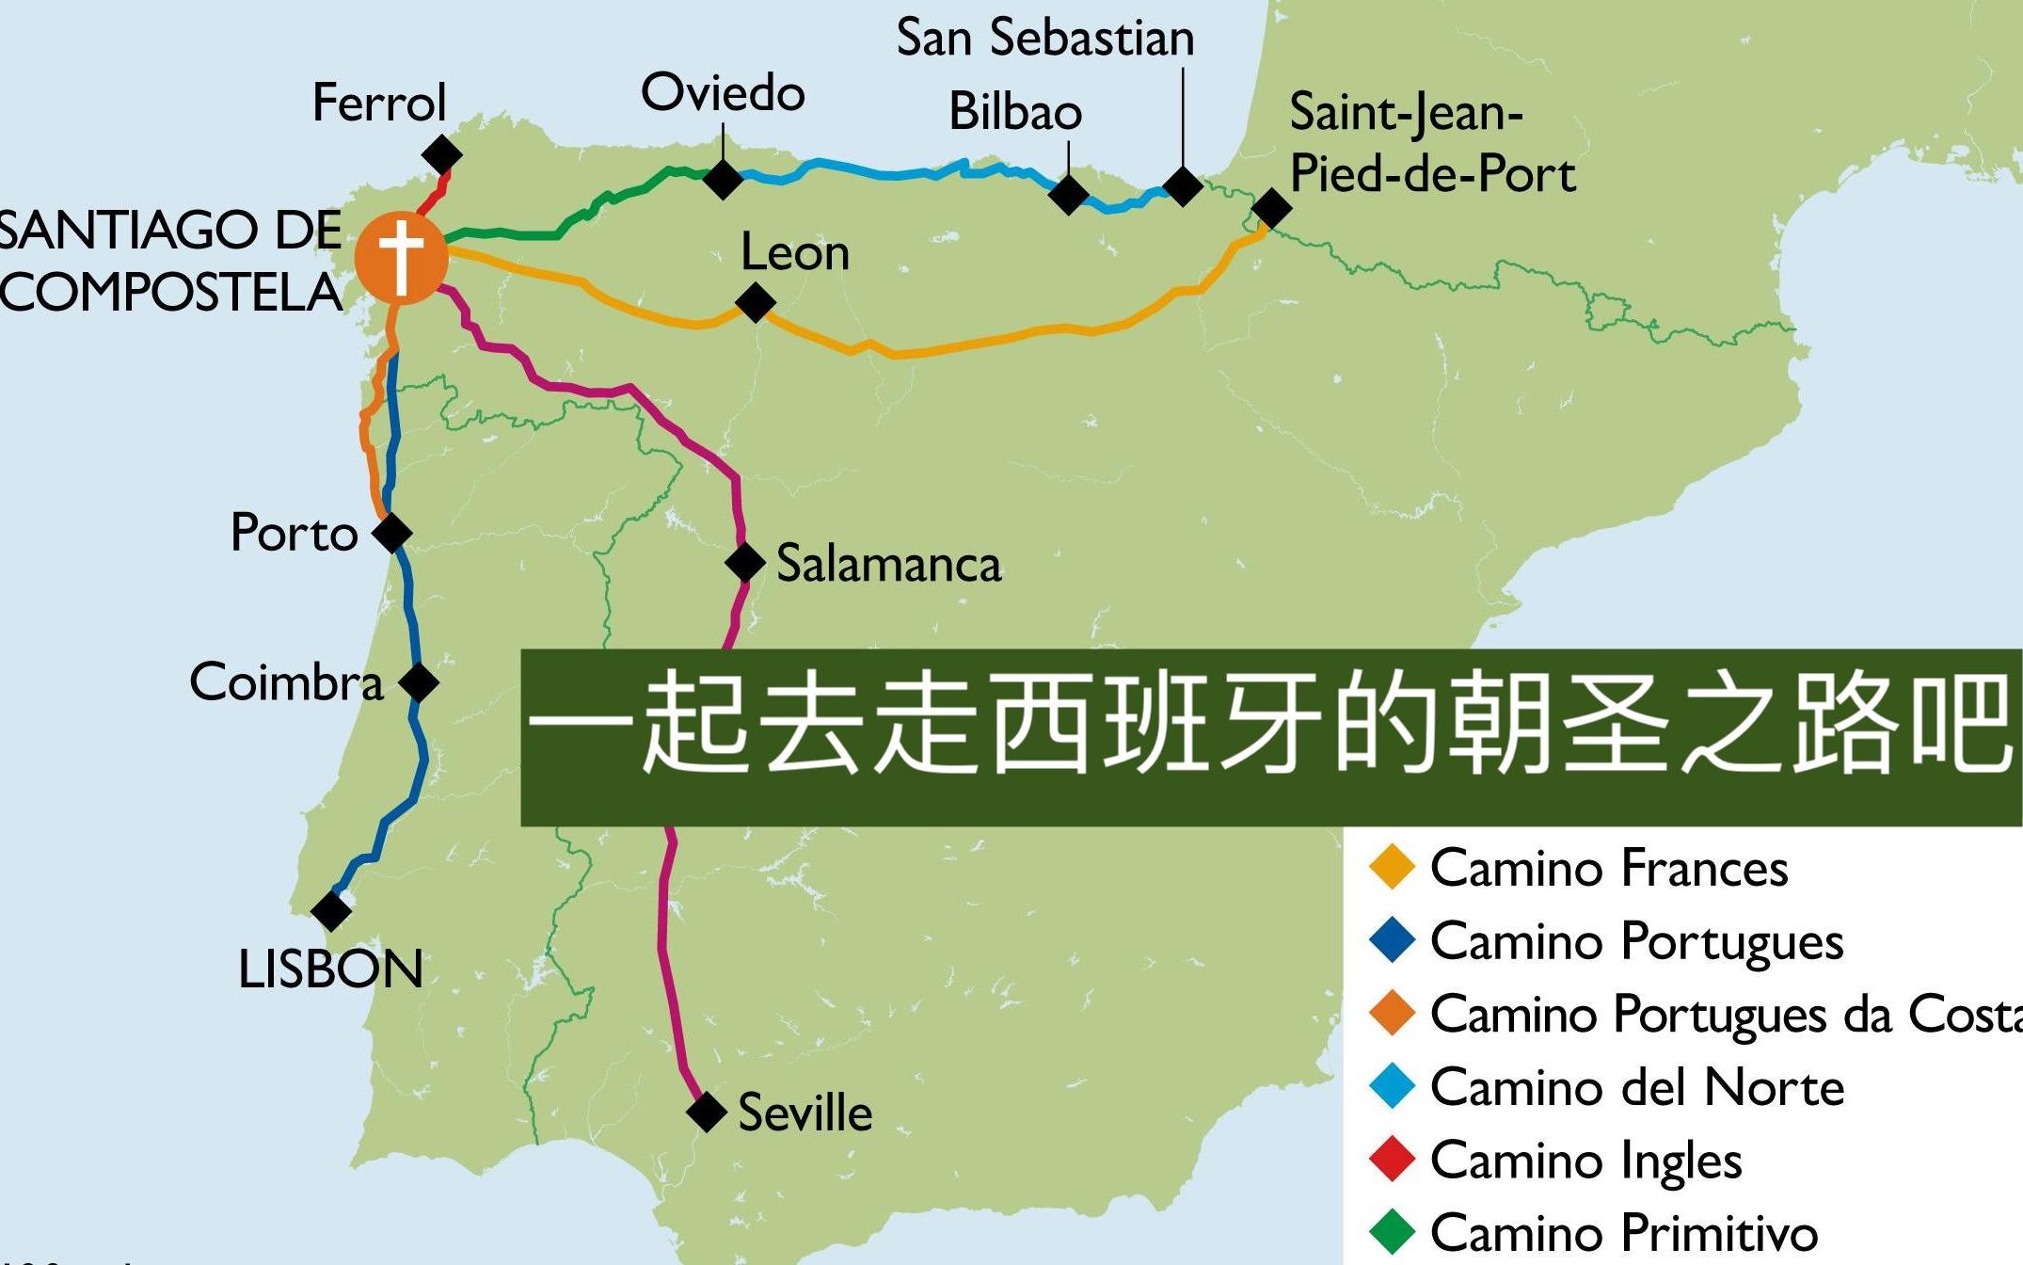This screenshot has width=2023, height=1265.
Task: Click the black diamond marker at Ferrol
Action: [x=442, y=154]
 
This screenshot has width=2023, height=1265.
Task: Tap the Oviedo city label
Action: [x=723, y=93]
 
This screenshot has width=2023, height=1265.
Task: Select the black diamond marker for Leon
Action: [x=755, y=303]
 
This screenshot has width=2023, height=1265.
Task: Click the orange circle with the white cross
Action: [x=402, y=257]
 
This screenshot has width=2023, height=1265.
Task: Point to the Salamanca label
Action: [x=888, y=565]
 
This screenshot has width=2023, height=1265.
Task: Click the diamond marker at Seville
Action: [x=706, y=1112]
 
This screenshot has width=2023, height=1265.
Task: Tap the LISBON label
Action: [x=331, y=969]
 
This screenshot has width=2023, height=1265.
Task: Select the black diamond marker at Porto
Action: [x=392, y=534]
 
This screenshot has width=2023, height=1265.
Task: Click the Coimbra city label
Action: [x=287, y=682]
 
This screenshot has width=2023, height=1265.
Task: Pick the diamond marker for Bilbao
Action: [x=1068, y=195]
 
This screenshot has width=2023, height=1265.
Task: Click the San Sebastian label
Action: [x=1044, y=39]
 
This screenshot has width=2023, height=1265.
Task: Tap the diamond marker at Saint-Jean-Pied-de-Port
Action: [x=1271, y=208]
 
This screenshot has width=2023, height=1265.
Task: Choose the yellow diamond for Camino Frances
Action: [x=1393, y=867]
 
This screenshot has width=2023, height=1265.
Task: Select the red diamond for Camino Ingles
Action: [x=1393, y=1159]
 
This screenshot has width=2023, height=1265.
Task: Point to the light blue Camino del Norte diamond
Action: [x=1393, y=1086]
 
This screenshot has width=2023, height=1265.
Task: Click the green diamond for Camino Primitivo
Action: [x=1393, y=1231]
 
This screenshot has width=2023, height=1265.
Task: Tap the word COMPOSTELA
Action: [x=171, y=293]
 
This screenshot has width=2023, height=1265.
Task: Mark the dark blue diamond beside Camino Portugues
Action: [x=1393, y=940]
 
